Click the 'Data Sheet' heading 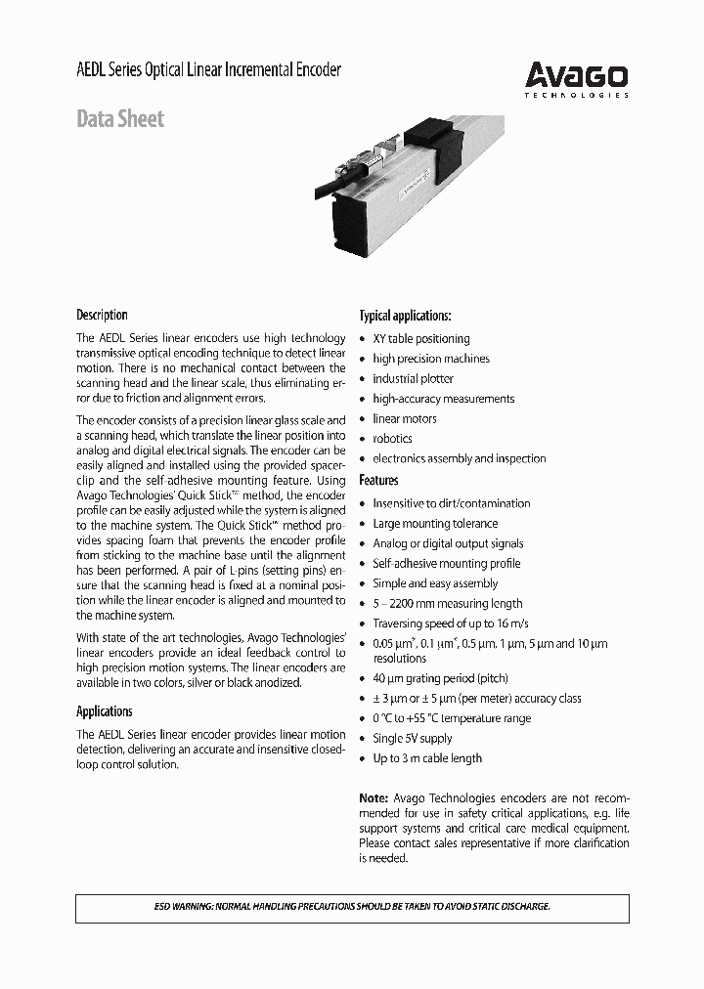tap(120, 119)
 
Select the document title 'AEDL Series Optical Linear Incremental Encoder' tap(208, 70)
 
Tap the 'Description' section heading tap(102, 315)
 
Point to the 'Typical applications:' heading tap(405, 316)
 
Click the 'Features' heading tap(378, 480)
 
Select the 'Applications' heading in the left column tap(104, 711)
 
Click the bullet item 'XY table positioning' tap(420, 338)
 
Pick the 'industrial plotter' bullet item tap(413, 378)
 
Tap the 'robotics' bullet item tap(392, 439)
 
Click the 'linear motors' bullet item tap(405, 418)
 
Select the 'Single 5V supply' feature tap(412, 738)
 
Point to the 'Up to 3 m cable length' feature tap(426, 758)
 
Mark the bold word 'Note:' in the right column tap(374, 797)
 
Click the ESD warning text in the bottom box tap(352, 907)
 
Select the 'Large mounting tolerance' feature tap(435, 524)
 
